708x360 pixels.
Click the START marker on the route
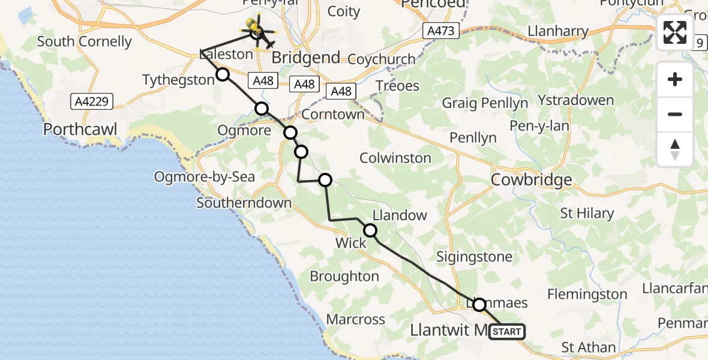point(507,332)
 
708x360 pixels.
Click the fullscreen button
point(675,32)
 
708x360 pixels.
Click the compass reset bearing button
point(675,149)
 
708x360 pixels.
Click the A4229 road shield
point(92,101)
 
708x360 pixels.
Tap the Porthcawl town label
point(80,130)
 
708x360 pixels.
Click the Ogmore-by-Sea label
point(205,177)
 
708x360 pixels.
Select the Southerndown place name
point(244,203)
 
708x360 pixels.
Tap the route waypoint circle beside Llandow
point(370,230)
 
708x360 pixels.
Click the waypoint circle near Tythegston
point(223,74)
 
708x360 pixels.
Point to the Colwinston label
point(395,158)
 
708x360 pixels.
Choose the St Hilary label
point(586,213)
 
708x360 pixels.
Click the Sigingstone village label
point(474,257)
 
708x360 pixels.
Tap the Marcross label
point(356,319)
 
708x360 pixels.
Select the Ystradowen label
point(575,100)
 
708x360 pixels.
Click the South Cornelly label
point(84,42)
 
